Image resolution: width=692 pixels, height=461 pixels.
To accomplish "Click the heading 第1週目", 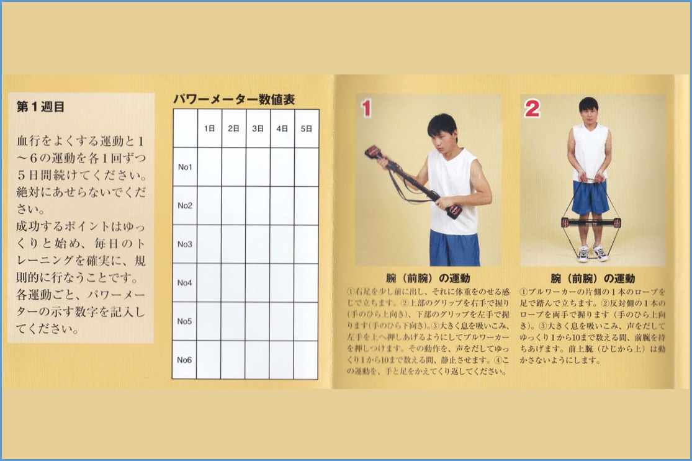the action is pyautogui.click(x=40, y=107).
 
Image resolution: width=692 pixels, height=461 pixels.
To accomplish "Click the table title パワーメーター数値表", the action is pyautogui.click(x=234, y=100).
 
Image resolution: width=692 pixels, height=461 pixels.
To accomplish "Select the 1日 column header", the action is pyautogui.click(x=209, y=128).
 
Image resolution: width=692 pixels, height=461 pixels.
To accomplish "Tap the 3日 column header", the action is pyautogui.click(x=258, y=128).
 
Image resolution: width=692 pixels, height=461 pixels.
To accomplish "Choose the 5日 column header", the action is pyautogui.click(x=307, y=128).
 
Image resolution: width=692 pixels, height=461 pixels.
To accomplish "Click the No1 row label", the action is pyautogui.click(x=185, y=167).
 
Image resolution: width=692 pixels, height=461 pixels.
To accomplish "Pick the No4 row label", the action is pyautogui.click(x=185, y=283).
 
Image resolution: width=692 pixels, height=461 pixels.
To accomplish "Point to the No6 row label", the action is pyautogui.click(x=184, y=360).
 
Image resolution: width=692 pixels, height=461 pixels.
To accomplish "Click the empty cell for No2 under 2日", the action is pyautogui.click(x=233, y=205).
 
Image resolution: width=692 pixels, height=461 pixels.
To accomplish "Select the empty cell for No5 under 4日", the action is pyautogui.click(x=282, y=321).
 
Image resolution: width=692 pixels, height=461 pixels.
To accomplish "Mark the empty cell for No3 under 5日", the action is pyautogui.click(x=306, y=244).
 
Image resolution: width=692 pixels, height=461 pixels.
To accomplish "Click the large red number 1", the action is pyautogui.click(x=366, y=109).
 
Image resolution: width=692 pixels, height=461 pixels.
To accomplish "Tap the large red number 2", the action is pyautogui.click(x=532, y=108).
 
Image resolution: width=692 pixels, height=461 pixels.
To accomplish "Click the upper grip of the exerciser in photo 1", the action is pyautogui.click(x=374, y=152).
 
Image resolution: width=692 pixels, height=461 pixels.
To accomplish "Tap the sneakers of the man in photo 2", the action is pyautogui.click(x=592, y=253).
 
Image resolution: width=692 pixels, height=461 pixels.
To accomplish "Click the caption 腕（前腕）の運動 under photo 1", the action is pyautogui.click(x=428, y=279).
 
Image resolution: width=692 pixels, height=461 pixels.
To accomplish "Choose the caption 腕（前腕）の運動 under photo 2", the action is pyautogui.click(x=593, y=279).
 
